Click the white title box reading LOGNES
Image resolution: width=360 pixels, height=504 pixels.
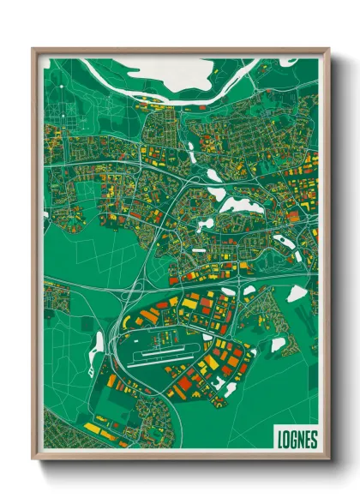point(297,438)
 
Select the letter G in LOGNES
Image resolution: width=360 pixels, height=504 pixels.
point(294,439)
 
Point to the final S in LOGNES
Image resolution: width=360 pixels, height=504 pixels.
point(314,439)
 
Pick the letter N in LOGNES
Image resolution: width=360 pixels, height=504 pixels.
point(301,439)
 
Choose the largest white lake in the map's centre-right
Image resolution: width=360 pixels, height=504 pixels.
point(236,205)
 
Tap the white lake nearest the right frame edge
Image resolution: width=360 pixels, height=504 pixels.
point(297,294)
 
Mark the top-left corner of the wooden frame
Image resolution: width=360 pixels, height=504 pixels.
point(33,49)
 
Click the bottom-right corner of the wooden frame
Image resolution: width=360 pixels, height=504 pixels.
point(328,459)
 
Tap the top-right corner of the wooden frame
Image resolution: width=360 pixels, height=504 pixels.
point(328,49)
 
